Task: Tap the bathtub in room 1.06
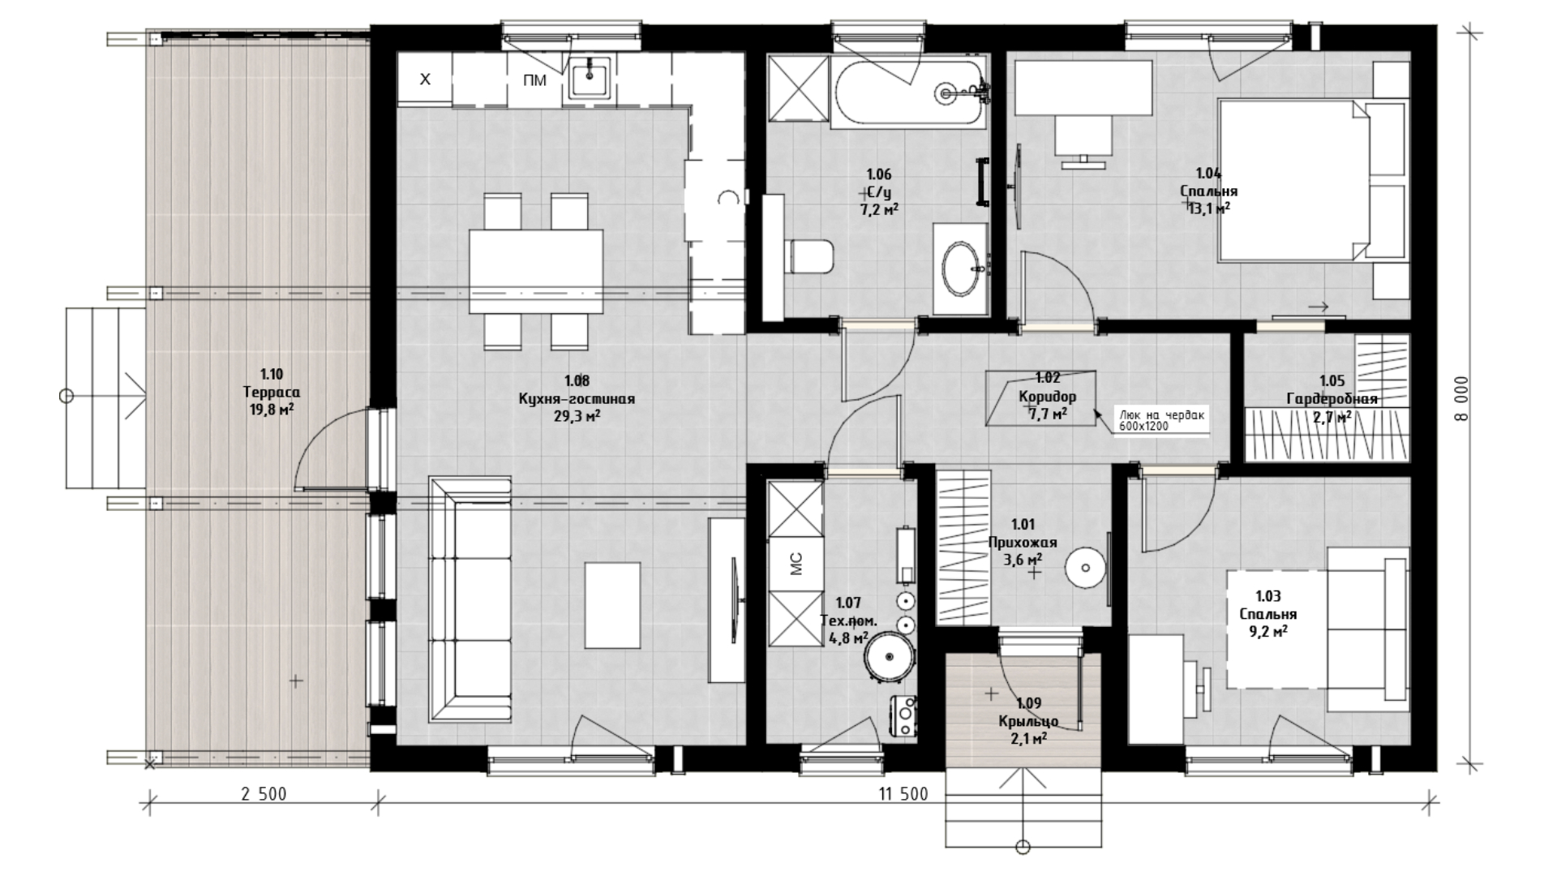point(909,93)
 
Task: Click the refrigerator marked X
point(424,79)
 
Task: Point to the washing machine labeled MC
point(795,564)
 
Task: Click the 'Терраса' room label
point(271,393)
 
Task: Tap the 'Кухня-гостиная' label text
point(577,399)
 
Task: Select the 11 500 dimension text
point(903,794)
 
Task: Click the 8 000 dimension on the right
point(1460,397)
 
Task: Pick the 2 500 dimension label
point(264,794)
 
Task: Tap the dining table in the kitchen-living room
point(536,272)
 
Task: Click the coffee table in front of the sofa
point(612,605)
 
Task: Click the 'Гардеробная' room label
point(1332,399)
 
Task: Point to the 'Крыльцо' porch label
point(1028,722)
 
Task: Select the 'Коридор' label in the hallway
point(1048,397)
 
